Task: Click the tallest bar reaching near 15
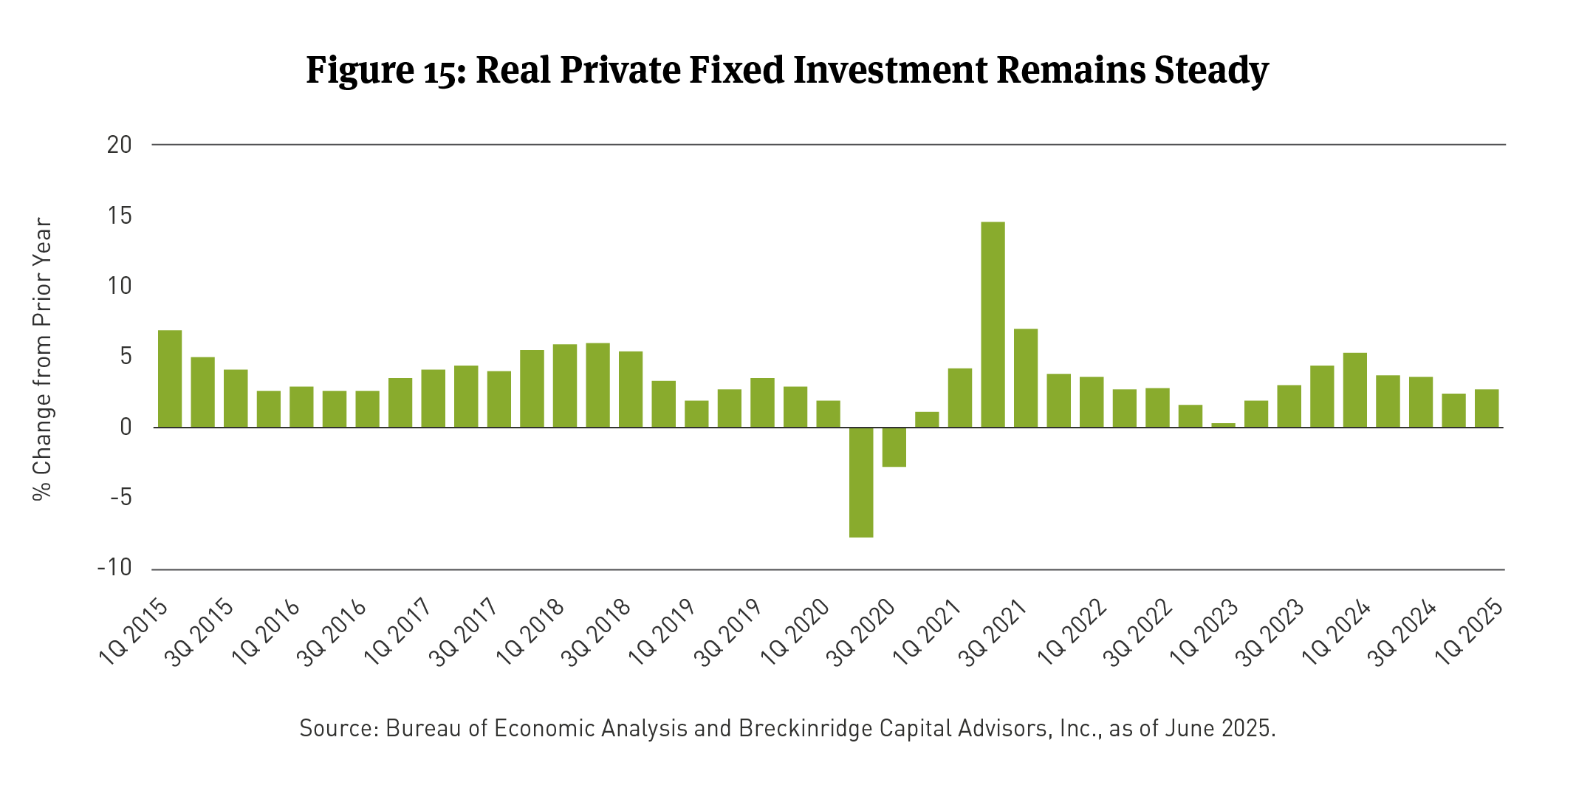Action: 993,324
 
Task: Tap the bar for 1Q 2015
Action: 170,378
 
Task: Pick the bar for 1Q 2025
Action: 1487,408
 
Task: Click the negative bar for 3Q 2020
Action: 894,447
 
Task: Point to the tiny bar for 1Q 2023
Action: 1224,425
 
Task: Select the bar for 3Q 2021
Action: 1026,377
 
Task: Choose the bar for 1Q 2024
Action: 1355,390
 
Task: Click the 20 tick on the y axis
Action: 119,145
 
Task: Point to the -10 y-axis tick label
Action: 114,568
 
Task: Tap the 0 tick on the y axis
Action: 126,427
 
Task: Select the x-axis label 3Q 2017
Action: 465,632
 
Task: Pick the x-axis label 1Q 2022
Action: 1072,632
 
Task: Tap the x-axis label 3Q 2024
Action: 1403,632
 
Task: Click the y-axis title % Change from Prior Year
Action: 43,359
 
